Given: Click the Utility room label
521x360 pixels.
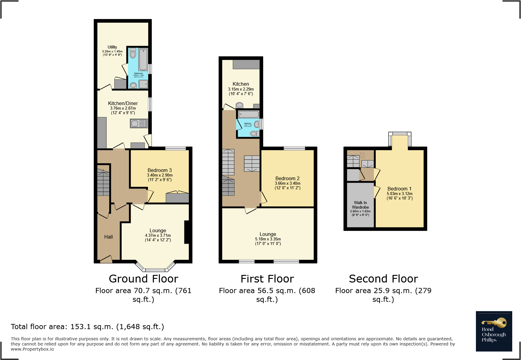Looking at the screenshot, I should coord(112,47).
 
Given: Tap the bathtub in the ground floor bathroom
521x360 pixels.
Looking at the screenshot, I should coord(143,59).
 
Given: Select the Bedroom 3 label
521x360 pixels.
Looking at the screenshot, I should coord(159,170).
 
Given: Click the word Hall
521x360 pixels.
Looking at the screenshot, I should coord(108,237).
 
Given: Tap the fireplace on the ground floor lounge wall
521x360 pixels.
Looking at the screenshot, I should coord(187,232).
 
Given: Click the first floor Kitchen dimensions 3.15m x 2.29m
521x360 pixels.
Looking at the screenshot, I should coord(241,89).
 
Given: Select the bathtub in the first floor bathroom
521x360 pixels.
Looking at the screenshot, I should coord(249,114).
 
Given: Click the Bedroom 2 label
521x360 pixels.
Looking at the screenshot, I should coord(287,179).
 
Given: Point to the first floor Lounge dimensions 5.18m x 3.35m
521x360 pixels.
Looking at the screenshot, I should coord(268,239).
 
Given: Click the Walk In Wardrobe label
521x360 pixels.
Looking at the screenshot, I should coord(360,205).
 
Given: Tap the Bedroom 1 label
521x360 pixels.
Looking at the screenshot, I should coord(399,189).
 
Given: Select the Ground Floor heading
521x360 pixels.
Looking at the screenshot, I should coord(143,279).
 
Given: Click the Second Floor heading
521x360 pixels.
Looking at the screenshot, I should coord(383,279).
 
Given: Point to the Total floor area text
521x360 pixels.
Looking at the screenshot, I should coord(87,327).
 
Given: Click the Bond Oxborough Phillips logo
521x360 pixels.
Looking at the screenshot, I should coord(494,331).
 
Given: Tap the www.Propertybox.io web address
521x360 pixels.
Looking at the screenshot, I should coord(32,349).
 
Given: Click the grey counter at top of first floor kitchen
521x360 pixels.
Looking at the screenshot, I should coord(246,64).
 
